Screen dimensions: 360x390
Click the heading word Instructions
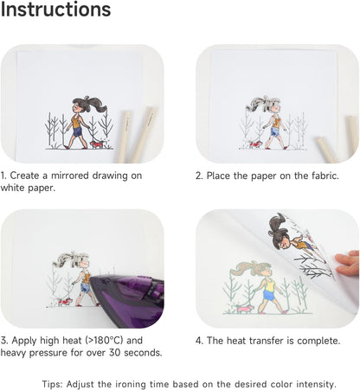pyautogui.click(x=55, y=10)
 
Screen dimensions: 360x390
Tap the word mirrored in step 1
pyautogui.click(x=70, y=176)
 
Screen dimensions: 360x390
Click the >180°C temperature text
pyautogui.click(x=105, y=341)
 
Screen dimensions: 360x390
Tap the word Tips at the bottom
pyautogui.click(x=52, y=384)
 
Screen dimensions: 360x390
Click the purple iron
pyautogui.click(x=127, y=300)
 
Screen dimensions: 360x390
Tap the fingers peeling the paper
pyautogui.click(x=348, y=263)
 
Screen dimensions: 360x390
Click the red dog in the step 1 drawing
pyautogui.click(x=96, y=144)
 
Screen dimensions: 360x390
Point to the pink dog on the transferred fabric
pyautogui.click(x=245, y=309)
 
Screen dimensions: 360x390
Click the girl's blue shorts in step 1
pyautogui.click(x=77, y=132)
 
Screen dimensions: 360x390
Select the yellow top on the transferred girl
pyautogui.click(x=270, y=286)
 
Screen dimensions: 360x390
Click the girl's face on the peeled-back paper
pyautogui.click(x=285, y=240)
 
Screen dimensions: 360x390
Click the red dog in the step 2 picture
pyautogui.click(x=255, y=144)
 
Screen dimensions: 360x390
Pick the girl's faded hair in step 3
pyautogui.click(x=71, y=259)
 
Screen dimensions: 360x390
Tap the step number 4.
pyautogui.click(x=199, y=341)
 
